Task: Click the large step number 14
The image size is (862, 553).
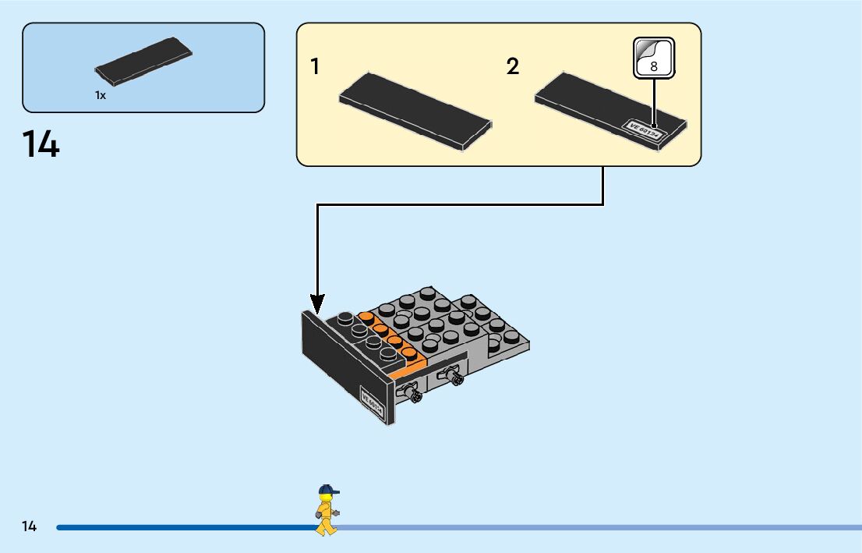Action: click(41, 145)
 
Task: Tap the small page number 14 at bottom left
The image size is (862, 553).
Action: click(30, 526)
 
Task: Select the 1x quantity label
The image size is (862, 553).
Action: click(101, 95)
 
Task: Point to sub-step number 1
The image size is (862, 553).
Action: click(315, 67)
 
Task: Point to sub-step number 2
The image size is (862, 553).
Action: click(512, 67)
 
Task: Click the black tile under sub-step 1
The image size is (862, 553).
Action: click(415, 112)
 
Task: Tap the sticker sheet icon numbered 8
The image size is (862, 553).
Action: click(653, 58)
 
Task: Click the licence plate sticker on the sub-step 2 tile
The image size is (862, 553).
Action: click(644, 129)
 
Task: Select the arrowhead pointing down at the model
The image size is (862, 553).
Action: click(316, 302)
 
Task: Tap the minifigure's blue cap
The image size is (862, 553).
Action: click(328, 491)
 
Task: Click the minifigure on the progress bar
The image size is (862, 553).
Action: click(327, 510)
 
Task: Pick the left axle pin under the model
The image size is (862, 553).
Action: click(412, 395)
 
